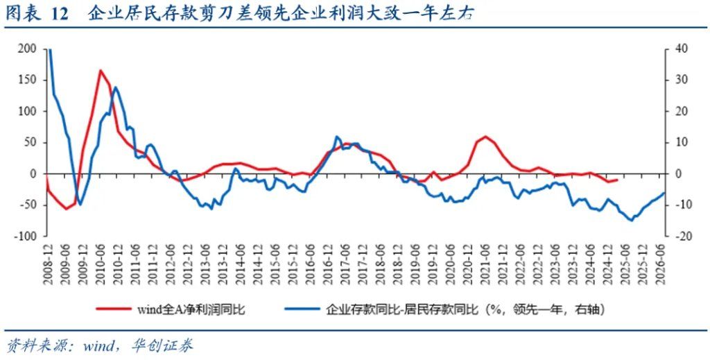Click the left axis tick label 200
coord(27,49)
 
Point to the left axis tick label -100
coord(26,236)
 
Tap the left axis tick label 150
coord(27,80)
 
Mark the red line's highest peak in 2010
coord(101,70)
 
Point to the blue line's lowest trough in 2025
coord(630,220)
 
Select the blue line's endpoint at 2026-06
coord(664,193)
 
